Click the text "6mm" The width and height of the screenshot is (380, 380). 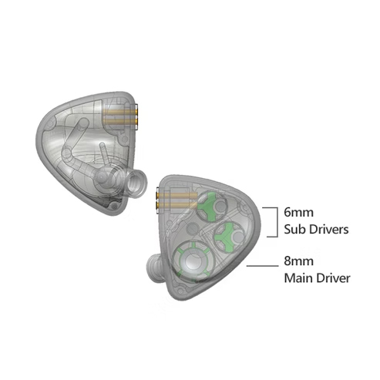tap(298, 213)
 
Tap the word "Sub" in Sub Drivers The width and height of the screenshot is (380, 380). tap(294, 229)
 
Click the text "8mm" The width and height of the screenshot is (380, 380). tap(298, 261)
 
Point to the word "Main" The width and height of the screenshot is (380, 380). tap(298, 278)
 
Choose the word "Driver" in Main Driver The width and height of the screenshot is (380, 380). tap(333, 278)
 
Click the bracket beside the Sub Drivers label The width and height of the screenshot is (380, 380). tap(277, 222)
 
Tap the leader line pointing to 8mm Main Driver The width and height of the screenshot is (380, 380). tap(262, 266)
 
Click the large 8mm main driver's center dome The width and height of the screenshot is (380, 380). tap(191, 262)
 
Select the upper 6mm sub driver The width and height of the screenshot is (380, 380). tap(212, 207)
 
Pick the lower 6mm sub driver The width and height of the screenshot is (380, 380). tap(229, 237)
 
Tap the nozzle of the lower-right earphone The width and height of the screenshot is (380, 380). tap(154, 268)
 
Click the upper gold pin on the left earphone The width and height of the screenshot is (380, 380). tap(120, 112)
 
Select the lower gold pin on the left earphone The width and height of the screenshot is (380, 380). tap(120, 120)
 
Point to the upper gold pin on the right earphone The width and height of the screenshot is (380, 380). tap(177, 196)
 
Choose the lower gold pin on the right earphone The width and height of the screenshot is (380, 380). tap(177, 205)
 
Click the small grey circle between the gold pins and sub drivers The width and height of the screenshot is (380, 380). tap(193, 229)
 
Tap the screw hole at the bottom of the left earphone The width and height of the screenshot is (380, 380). tap(113, 206)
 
